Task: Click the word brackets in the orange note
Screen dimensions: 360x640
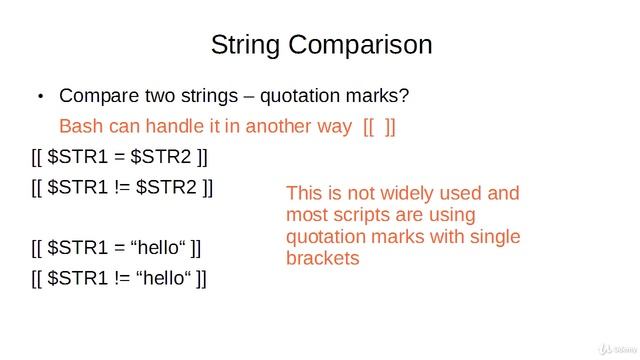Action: pyautogui.click(x=322, y=258)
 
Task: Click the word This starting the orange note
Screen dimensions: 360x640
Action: pyautogui.click(x=306, y=193)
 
